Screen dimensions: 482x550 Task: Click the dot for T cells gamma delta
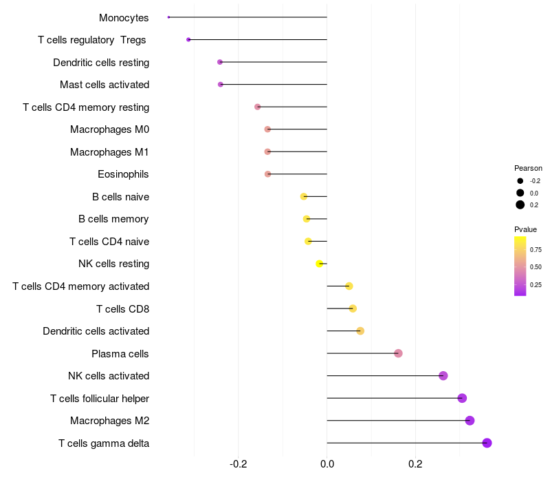coord(487,443)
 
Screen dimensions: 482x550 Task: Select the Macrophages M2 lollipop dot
coord(470,421)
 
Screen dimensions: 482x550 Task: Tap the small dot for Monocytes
coord(168,17)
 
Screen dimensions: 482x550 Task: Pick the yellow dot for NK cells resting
coord(319,264)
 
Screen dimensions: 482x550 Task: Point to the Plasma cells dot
coord(398,353)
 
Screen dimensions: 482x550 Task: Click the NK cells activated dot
coord(443,375)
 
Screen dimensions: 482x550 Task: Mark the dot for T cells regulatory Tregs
coord(188,40)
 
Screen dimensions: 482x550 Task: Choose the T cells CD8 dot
coord(353,308)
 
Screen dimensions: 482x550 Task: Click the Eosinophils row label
coord(123,174)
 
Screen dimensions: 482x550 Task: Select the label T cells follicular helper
coord(100,398)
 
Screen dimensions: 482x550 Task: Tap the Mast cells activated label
coord(104,85)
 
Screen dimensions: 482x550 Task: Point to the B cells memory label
coord(113,219)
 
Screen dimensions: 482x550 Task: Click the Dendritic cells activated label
coord(96,331)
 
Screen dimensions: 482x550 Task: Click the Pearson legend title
coord(528,168)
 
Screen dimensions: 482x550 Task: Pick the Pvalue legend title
coord(525,229)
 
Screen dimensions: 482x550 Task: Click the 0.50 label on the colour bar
coord(536,266)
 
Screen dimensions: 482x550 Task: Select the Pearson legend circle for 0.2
coord(520,205)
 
